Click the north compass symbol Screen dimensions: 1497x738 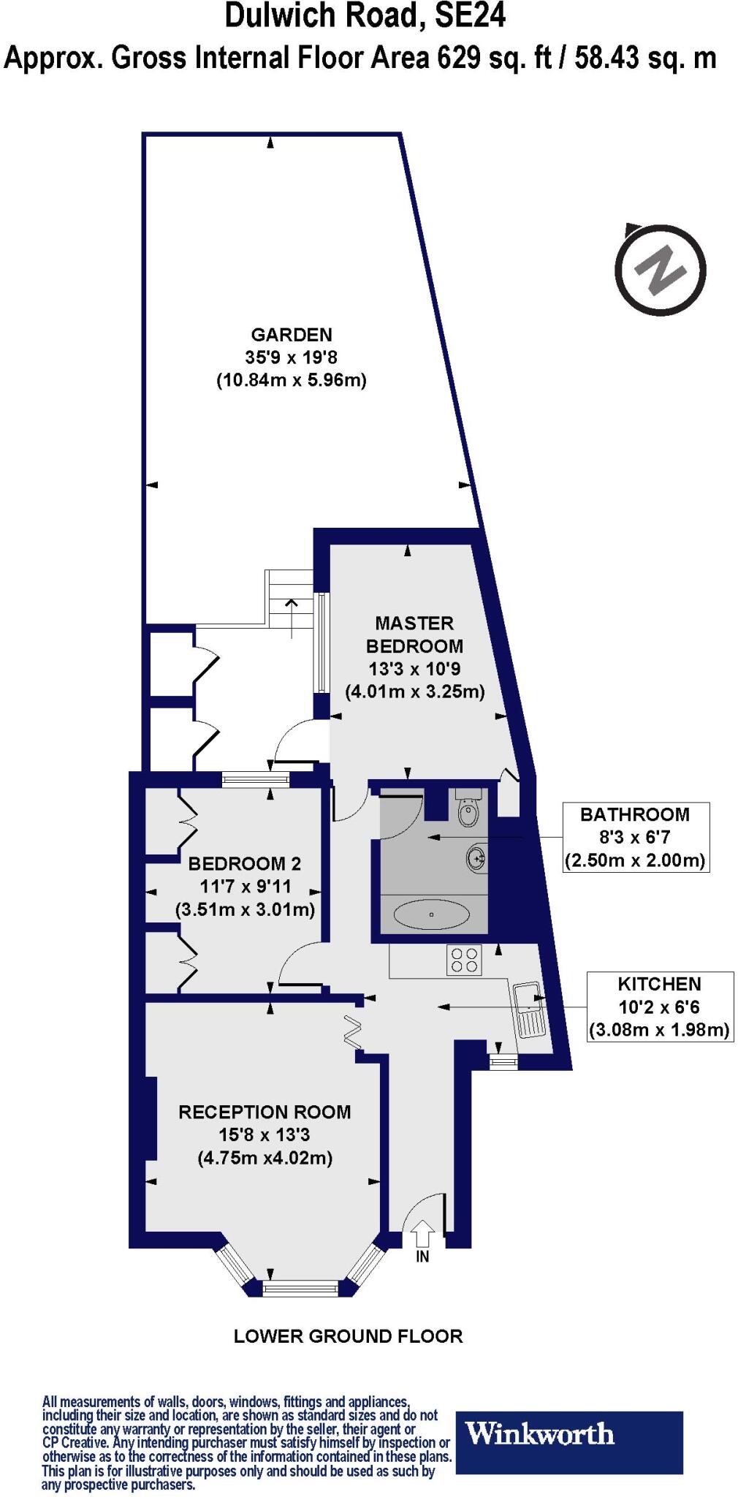click(x=660, y=270)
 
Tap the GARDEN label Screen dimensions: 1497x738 click(x=292, y=335)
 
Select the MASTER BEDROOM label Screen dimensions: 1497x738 click(x=414, y=634)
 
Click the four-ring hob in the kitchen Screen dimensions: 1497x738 click(x=464, y=960)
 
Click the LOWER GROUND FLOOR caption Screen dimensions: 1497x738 click(x=348, y=1336)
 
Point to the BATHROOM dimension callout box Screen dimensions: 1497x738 click(x=634, y=837)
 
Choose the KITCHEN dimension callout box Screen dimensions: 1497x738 click(x=659, y=1007)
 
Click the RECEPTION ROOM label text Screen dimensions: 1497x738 click(x=265, y=1112)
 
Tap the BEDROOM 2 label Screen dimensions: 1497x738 click(x=244, y=863)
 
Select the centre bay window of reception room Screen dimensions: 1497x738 click(x=301, y=1289)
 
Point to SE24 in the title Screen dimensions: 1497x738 click(x=470, y=16)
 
